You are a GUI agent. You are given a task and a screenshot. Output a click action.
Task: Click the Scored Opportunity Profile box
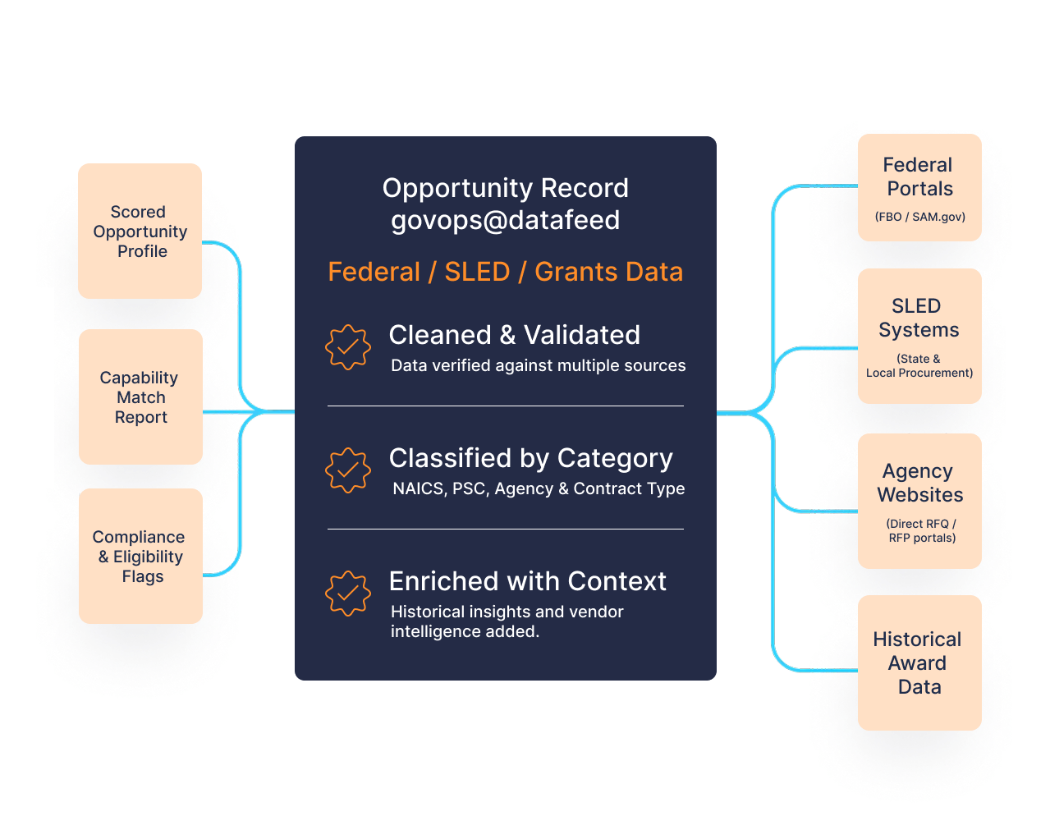click(x=140, y=231)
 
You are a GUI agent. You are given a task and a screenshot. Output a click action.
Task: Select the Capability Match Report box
click(x=140, y=397)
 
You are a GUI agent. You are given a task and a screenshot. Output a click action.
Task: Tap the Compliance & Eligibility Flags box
click(x=140, y=556)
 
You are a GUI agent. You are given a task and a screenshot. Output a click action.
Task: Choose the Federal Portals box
click(x=919, y=187)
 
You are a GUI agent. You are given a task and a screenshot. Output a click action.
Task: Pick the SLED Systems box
click(x=919, y=336)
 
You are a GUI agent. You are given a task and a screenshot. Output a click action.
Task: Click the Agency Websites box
click(x=919, y=501)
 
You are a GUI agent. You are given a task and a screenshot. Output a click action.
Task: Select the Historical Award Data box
click(x=919, y=662)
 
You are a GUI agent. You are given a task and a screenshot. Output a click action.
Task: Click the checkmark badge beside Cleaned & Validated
click(x=348, y=347)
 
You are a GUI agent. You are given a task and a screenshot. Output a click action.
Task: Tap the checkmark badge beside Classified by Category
click(x=348, y=470)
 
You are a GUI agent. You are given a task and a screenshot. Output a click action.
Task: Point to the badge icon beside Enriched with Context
click(x=348, y=594)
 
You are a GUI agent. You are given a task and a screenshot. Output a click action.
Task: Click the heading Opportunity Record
click(x=505, y=188)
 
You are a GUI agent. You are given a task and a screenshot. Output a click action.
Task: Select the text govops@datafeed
click(x=505, y=220)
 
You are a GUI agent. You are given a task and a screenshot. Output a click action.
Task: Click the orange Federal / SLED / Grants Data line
click(x=505, y=272)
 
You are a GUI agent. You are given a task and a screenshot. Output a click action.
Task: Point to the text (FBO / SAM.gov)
click(x=919, y=217)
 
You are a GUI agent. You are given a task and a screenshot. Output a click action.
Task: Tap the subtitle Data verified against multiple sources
click(x=538, y=365)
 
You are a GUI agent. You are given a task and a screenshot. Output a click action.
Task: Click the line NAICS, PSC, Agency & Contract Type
click(x=538, y=488)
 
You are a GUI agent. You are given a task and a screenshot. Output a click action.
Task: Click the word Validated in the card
click(x=582, y=335)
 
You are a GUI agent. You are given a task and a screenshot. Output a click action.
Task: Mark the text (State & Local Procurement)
click(x=919, y=366)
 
